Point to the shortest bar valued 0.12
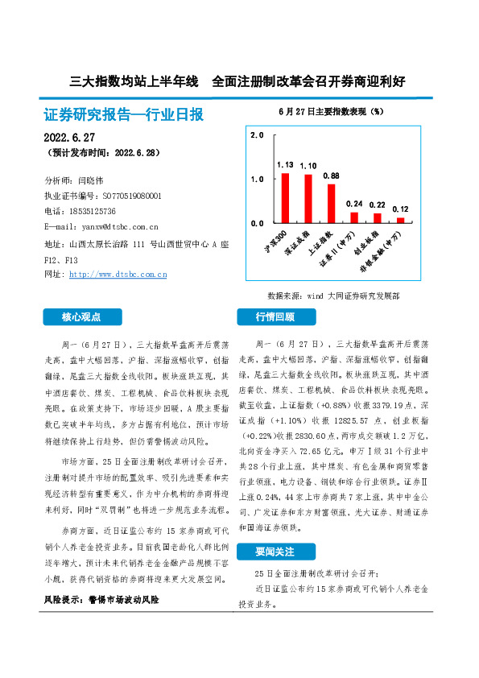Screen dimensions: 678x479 click(x=400, y=219)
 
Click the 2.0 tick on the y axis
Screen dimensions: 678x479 click(x=257, y=135)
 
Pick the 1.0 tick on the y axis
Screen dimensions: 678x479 click(x=257, y=179)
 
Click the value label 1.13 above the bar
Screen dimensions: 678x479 click(x=285, y=164)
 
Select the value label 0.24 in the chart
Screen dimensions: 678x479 click(x=354, y=204)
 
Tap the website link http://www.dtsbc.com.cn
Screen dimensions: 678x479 click(x=118, y=275)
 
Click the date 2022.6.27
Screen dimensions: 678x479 click(x=69, y=138)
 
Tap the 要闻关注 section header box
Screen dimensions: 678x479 click(x=275, y=552)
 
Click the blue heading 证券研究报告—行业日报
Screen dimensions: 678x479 click(x=123, y=115)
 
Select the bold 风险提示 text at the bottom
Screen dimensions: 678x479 click(x=101, y=600)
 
